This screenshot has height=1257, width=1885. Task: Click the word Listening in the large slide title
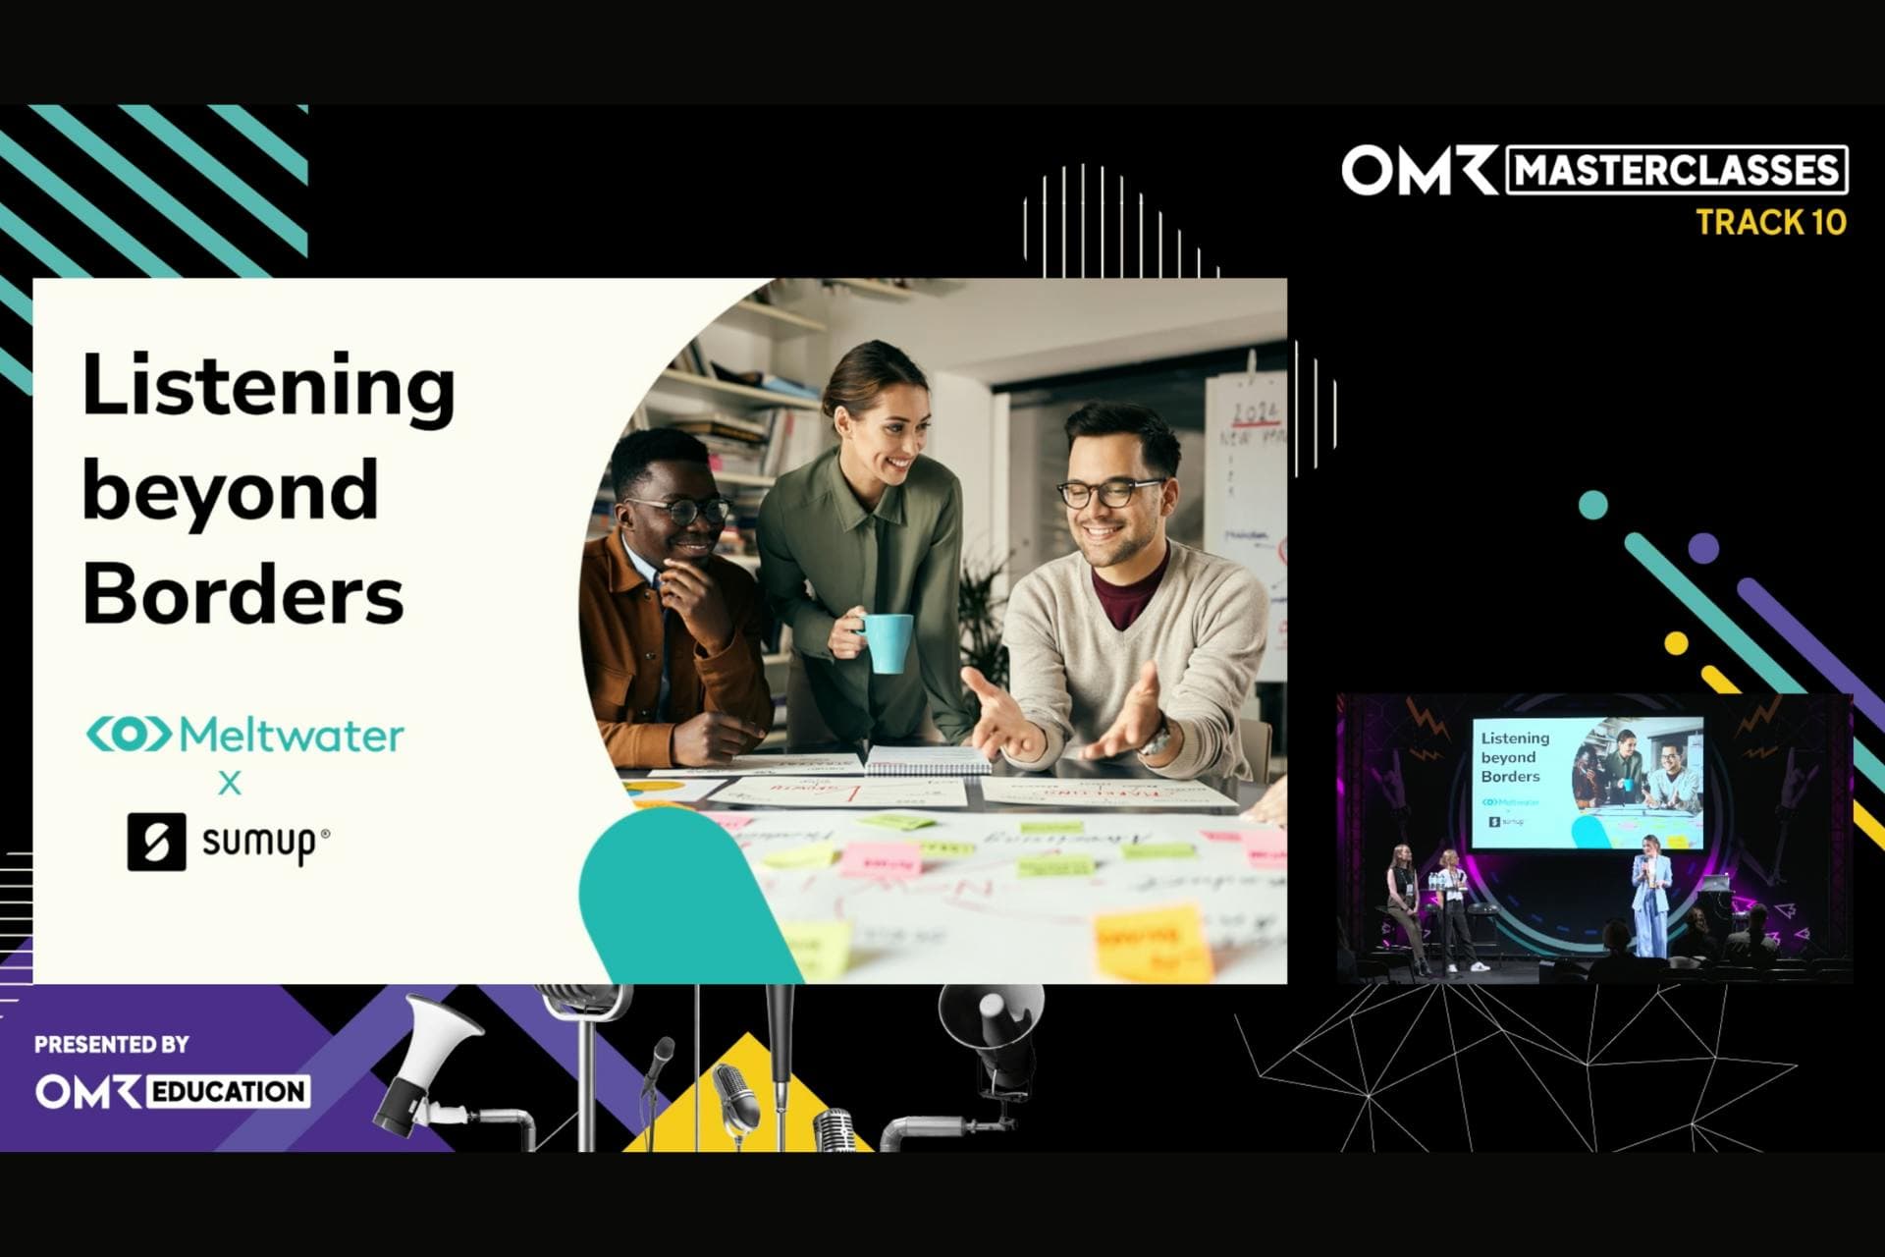coord(268,386)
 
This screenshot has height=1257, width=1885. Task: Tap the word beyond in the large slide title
coord(230,490)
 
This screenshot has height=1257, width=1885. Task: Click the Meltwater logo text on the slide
coord(291,735)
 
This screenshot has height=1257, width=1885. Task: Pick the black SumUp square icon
coord(156,842)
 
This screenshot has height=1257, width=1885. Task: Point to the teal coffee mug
coord(887,642)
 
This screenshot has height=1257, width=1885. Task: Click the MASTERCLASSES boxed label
coord(1676,171)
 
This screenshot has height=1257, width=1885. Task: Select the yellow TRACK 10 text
coord(1770,223)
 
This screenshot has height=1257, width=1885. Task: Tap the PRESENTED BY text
coord(111,1044)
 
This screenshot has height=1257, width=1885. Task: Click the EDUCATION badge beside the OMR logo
coord(228,1091)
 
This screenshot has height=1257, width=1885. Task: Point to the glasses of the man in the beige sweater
coord(1109,491)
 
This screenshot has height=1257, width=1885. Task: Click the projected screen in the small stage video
coord(1587,782)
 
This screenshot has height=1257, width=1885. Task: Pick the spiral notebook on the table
coord(927,758)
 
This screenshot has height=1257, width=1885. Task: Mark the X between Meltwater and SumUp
coord(230,783)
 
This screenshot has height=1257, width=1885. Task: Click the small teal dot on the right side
coord(1592,505)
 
